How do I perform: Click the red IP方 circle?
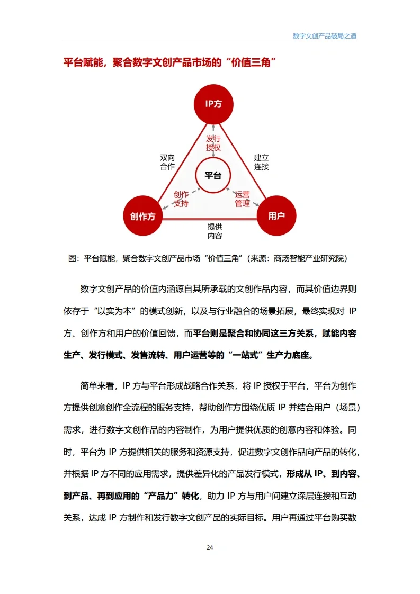click(x=213, y=104)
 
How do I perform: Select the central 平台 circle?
click(x=213, y=175)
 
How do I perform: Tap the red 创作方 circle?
click(x=142, y=216)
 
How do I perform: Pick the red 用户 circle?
click(x=276, y=215)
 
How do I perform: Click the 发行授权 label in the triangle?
click(x=213, y=143)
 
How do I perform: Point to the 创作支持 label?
click(x=181, y=199)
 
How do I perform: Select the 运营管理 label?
click(x=242, y=199)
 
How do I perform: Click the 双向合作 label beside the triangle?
click(x=167, y=162)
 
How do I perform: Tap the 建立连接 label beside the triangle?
click(x=261, y=162)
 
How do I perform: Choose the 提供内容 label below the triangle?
click(x=215, y=231)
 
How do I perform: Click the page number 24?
click(x=210, y=547)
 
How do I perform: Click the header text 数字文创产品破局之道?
click(x=325, y=36)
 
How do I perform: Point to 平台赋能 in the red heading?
click(x=80, y=62)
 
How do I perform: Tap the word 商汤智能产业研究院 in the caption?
click(x=309, y=259)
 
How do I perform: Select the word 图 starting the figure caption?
click(x=73, y=259)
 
